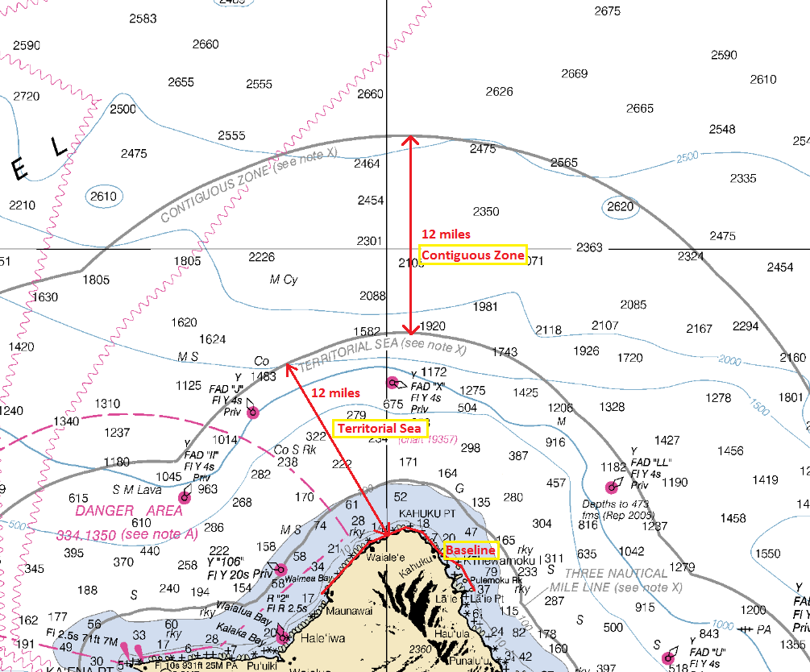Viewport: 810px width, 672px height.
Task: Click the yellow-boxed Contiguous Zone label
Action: [473, 255]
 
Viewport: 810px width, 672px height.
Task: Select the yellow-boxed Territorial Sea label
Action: [380, 429]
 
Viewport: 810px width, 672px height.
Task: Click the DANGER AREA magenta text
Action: [129, 511]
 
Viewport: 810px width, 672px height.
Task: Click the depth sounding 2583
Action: [143, 19]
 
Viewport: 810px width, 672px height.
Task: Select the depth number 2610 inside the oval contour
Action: [103, 196]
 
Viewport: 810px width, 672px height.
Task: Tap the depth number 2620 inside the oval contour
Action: [620, 206]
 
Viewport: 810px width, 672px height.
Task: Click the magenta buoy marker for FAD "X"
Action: [393, 382]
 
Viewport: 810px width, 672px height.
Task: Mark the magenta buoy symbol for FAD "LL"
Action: [611, 487]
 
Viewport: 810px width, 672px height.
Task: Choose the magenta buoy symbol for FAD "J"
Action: [252, 413]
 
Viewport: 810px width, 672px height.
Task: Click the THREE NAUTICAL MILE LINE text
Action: [616, 580]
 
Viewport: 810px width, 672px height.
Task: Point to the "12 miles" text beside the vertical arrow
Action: [446, 234]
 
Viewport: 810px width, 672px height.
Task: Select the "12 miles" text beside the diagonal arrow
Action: [335, 393]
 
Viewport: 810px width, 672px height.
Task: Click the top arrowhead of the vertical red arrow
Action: [411, 139]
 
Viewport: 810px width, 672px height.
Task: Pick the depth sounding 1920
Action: [433, 326]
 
